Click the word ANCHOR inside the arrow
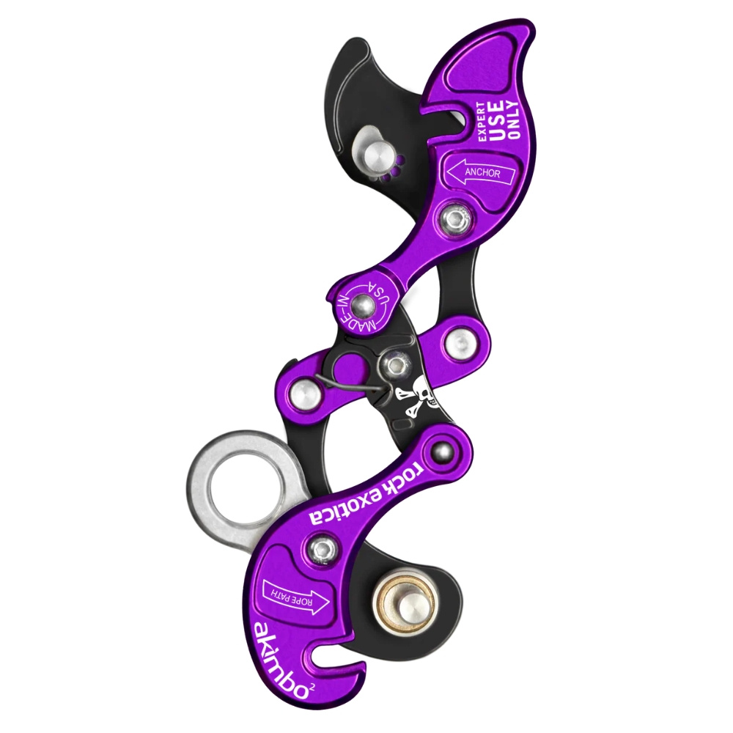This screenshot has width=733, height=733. click(482, 173)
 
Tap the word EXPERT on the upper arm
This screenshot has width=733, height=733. click(482, 121)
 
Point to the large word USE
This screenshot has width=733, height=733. click(498, 121)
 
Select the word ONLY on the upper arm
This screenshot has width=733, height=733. click(513, 120)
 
